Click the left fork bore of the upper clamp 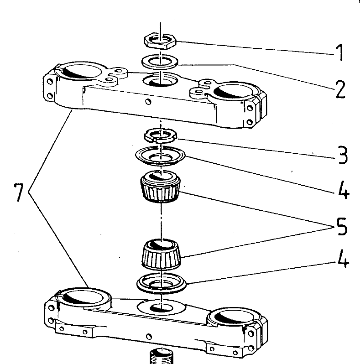click(82, 73)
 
